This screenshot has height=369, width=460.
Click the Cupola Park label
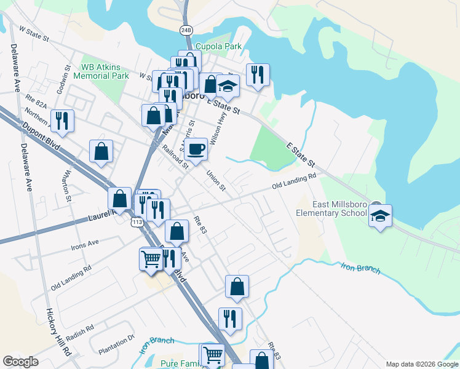[218, 46]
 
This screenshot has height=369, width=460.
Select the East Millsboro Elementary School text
[331, 209]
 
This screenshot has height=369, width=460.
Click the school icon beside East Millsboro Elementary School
[380, 216]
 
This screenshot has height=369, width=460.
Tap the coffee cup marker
[196, 149]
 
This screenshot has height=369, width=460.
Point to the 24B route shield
[187, 30]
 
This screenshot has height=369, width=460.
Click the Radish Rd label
[81, 332]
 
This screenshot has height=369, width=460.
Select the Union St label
[217, 180]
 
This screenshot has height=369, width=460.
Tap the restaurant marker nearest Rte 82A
[61, 121]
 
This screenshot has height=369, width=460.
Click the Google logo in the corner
[20, 362]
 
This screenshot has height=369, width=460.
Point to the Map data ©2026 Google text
[421, 364]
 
